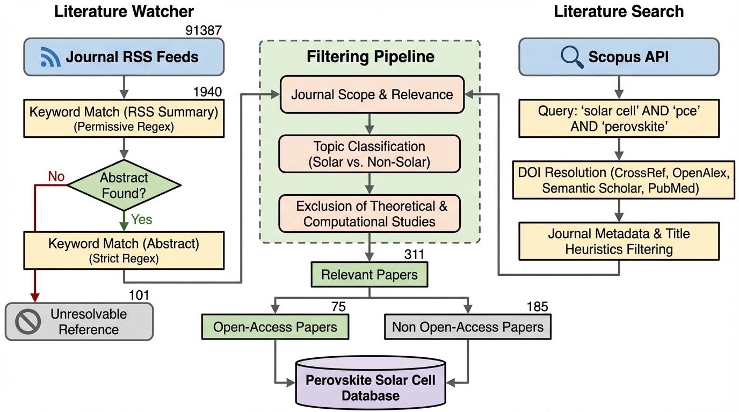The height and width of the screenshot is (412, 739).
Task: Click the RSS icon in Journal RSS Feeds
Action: (x=50, y=57)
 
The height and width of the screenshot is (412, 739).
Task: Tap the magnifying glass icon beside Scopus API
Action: (x=571, y=56)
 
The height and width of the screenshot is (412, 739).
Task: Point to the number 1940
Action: (x=207, y=92)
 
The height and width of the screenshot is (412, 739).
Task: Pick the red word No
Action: (x=57, y=176)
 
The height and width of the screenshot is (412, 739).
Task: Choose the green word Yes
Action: (x=142, y=219)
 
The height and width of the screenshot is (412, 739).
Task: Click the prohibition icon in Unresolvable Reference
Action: (x=26, y=321)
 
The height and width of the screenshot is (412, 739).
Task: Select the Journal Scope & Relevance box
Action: (x=372, y=94)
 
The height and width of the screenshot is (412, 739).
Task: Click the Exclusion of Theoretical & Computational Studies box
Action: (x=369, y=213)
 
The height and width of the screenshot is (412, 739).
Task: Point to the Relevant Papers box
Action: (x=369, y=275)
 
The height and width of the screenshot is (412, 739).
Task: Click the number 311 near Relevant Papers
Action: (x=414, y=254)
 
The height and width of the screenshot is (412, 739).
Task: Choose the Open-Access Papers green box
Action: (x=275, y=327)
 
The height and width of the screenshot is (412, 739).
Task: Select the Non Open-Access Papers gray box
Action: (x=467, y=327)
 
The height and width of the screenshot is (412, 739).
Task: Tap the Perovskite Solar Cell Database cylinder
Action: (x=371, y=387)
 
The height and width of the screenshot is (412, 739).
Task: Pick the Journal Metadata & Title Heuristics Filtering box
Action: (x=619, y=241)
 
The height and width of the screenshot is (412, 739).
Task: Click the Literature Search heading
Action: (x=619, y=11)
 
